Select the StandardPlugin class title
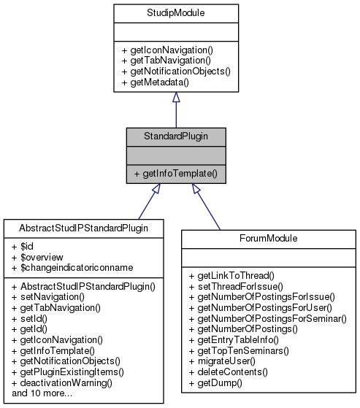click(x=175, y=136)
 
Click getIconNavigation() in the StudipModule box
click(x=163, y=50)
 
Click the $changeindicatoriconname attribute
click(x=63, y=269)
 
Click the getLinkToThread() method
click(x=230, y=275)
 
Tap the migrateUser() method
click(x=221, y=361)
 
